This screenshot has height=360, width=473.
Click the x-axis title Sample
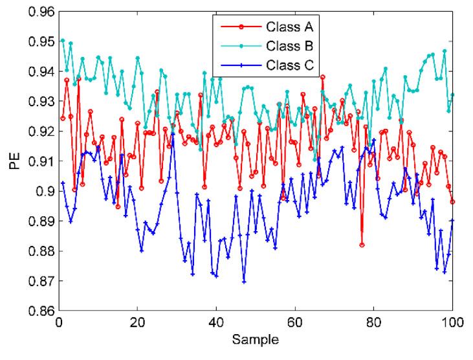(x=256, y=339)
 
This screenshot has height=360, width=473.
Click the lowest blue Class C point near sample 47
(x=244, y=282)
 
